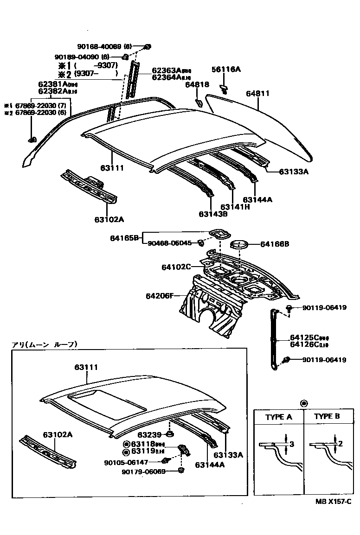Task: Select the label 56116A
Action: [x=226, y=70]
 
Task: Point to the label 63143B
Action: [x=213, y=214]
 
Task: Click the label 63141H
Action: [x=235, y=207]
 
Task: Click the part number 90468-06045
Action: [x=169, y=243]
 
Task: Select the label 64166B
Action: [x=275, y=243]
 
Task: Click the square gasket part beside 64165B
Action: [x=219, y=233]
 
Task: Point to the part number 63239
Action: [x=149, y=434]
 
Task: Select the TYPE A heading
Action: [x=278, y=417]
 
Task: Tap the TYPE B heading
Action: [x=327, y=416]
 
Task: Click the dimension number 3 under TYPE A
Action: [x=291, y=445]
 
